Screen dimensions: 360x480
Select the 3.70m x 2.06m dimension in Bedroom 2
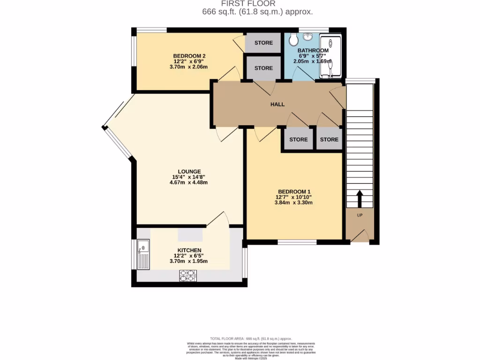[x=189, y=67]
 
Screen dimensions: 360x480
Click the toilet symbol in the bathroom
[x=294, y=39]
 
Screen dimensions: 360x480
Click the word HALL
[x=277, y=104]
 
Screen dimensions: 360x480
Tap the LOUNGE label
[x=189, y=171]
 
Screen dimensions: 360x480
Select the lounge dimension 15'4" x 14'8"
[x=189, y=177]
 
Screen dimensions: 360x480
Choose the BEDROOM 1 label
[x=294, y=191]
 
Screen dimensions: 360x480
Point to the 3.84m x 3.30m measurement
[x=294, y=202]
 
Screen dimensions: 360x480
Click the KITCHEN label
[x=189, y=250]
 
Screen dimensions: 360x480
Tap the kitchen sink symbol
[x=143, y=253]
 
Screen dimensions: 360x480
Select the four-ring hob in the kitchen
[x=187, y=277]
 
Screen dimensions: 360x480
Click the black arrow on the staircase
[x=360, y=198]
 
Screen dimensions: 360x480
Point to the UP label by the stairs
[x=360, y=215]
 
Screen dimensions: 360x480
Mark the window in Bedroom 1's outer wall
[x=296, y=242]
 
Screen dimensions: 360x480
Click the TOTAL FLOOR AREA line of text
[x=251, y=338]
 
